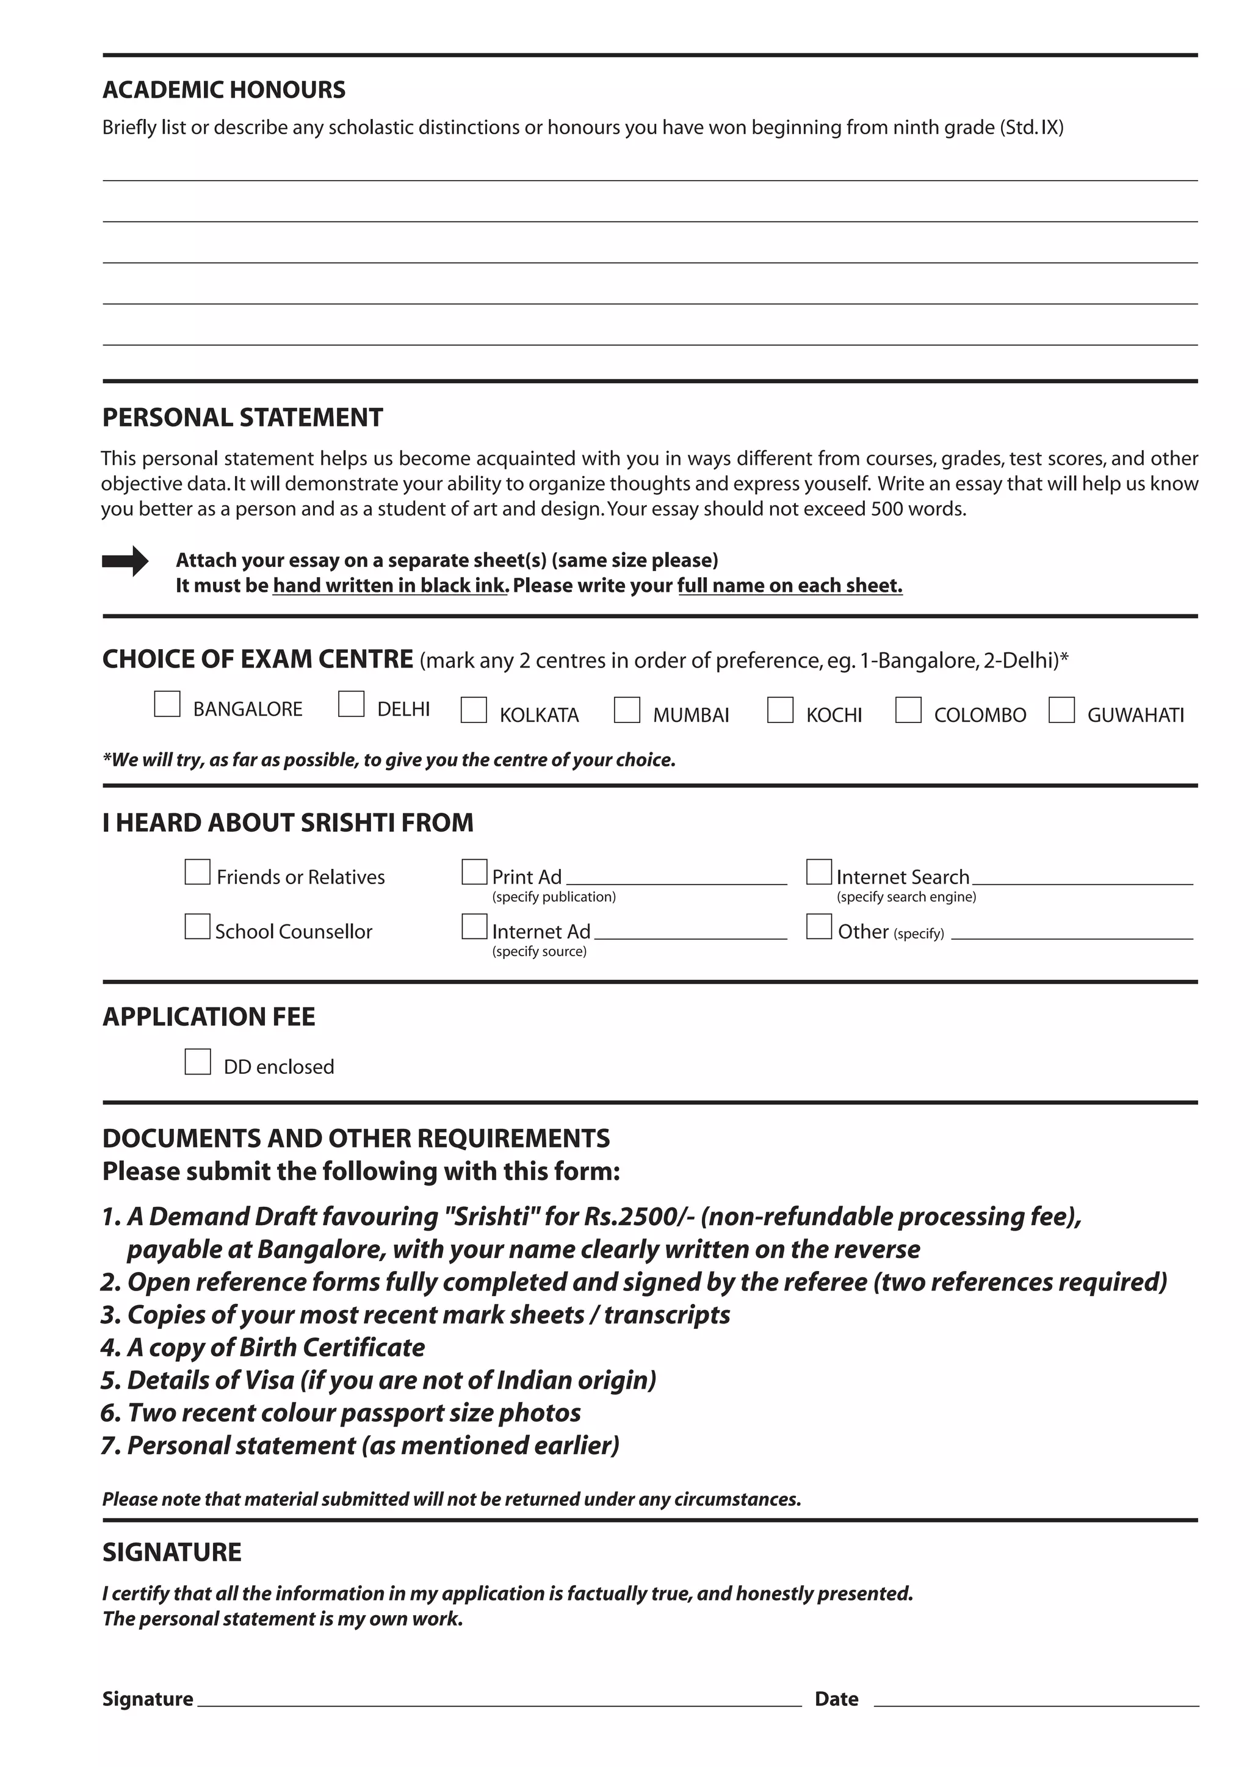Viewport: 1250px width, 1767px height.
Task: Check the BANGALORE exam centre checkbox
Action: [167, 704]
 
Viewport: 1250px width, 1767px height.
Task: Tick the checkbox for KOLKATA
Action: [474, 710]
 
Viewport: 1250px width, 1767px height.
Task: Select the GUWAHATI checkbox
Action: [1061, 710]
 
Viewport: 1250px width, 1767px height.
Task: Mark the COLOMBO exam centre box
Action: [908, 710]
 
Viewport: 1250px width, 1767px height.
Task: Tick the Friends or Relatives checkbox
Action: [198, 872]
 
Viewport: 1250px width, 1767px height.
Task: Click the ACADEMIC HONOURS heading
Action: [224, 90]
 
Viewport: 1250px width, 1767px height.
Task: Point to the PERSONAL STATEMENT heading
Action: [242, 417]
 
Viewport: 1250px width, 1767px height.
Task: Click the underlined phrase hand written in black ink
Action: [390, 586]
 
